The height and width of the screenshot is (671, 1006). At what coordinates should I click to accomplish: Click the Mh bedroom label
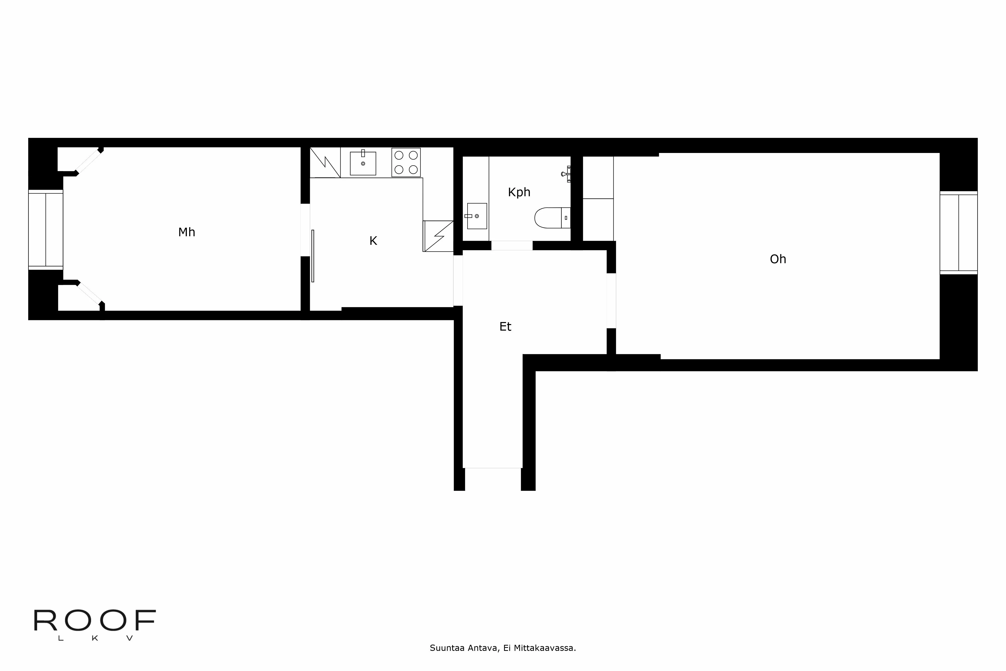[186, 232]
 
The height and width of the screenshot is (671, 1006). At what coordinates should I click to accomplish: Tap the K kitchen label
[373, 241]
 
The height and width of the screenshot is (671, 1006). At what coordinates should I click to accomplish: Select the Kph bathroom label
[519, 192]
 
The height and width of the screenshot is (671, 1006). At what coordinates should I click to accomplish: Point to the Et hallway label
[505, 327]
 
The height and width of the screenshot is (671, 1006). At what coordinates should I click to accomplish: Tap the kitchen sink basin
[363, 164]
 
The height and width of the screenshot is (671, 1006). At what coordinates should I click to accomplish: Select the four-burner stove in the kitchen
[406, 163]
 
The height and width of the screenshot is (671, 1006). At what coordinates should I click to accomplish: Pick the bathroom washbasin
[477, 216]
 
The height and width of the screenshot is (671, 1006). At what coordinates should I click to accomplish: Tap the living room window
[958, 233]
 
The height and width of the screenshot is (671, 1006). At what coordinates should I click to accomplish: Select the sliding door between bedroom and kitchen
[313, 256]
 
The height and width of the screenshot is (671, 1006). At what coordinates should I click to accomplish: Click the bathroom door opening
[512, 246]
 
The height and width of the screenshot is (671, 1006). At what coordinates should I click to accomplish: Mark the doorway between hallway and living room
[611, 300]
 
